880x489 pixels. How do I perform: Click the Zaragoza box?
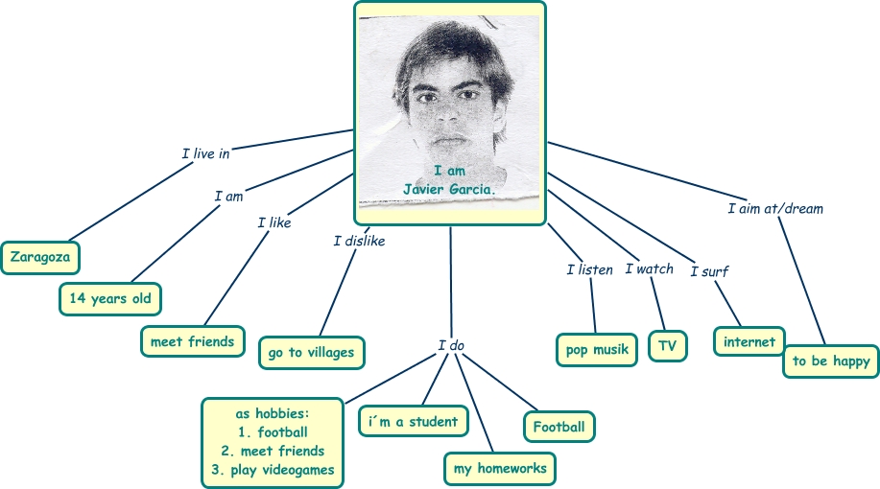[40, 257]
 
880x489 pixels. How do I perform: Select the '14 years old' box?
[109, 299]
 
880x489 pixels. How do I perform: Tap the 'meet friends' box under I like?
[192, 341]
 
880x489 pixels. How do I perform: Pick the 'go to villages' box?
[311, 353]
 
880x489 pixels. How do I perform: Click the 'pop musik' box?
[596, 350]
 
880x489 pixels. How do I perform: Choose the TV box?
[668, 347]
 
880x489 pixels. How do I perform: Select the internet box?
[749, 342]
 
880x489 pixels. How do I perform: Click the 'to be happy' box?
[831, 361]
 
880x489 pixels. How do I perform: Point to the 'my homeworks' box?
[500, 468]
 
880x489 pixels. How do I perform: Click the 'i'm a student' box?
[414, 421]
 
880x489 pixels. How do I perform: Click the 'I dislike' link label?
[359, 242]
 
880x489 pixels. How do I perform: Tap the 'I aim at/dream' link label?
[775, 208]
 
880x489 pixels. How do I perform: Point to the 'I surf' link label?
[709, 271]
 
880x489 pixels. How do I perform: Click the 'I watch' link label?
[650, 269]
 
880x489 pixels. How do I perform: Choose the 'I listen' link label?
[589, 270]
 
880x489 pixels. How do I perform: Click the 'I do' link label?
[451, 345]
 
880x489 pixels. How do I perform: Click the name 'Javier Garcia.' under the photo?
[450, 190]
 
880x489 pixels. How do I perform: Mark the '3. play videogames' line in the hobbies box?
[274, 470]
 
